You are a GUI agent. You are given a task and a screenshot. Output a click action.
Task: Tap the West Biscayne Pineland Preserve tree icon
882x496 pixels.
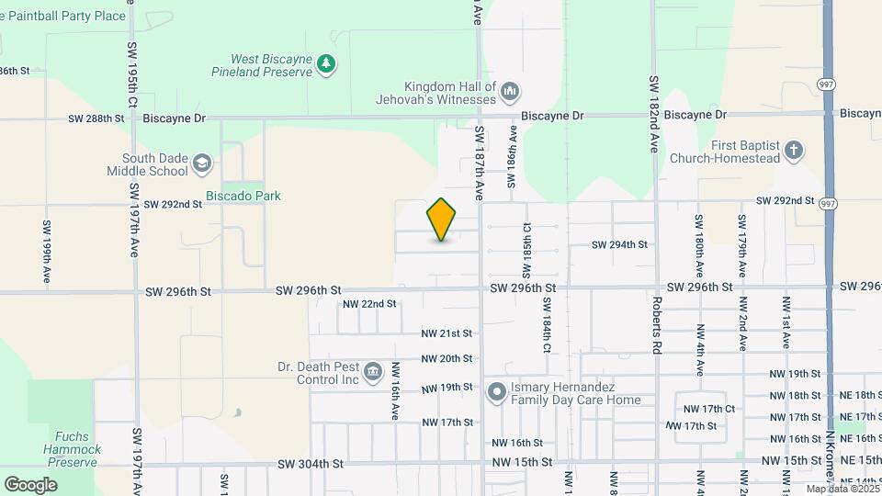pos(325,63)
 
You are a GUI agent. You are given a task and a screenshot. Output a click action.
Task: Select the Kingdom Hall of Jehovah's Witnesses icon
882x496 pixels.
pos(510,91)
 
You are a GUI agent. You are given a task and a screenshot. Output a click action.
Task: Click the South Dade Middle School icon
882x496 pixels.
pos(201,164)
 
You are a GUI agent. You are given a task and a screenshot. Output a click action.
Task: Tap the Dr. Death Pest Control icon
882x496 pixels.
pos(372,372)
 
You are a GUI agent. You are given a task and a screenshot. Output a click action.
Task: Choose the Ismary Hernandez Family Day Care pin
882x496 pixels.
pos(497,393)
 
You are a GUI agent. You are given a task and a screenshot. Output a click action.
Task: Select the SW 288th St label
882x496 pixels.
pos(96,118)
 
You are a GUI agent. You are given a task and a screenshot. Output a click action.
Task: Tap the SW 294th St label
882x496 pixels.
pos(619,244)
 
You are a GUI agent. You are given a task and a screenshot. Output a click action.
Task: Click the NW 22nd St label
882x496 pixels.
pos(369,304)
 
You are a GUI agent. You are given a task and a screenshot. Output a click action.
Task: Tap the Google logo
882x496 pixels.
pos(30,484)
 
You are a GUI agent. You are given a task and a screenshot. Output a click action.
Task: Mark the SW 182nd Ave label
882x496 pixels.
pos(655,114)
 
